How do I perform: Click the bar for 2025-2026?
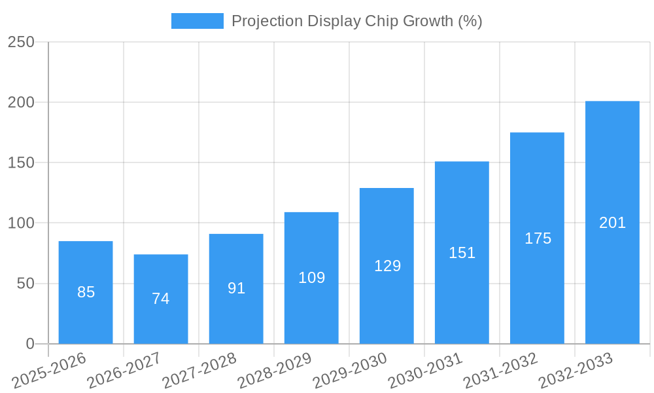(86, 292)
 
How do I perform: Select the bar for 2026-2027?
(161, 299)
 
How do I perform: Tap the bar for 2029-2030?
(387, 266)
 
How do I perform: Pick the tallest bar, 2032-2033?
(612, 223)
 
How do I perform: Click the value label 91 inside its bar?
(236, 288)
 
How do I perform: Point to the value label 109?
(311, 278)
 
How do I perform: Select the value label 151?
(462, 253)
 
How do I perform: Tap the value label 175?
(538, 238)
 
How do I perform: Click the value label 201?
(612, 223)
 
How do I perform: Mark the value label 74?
(161, 299)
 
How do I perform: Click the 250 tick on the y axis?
(21, 42)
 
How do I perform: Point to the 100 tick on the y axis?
(21, 223)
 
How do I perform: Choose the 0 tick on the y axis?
(30, 344)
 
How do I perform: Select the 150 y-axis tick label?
(21, 163)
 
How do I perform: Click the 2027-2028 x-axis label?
(199, 371)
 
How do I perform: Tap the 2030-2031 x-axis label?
(425, 371)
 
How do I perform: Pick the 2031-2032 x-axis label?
(500, 371)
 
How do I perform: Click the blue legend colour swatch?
(197, 21)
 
